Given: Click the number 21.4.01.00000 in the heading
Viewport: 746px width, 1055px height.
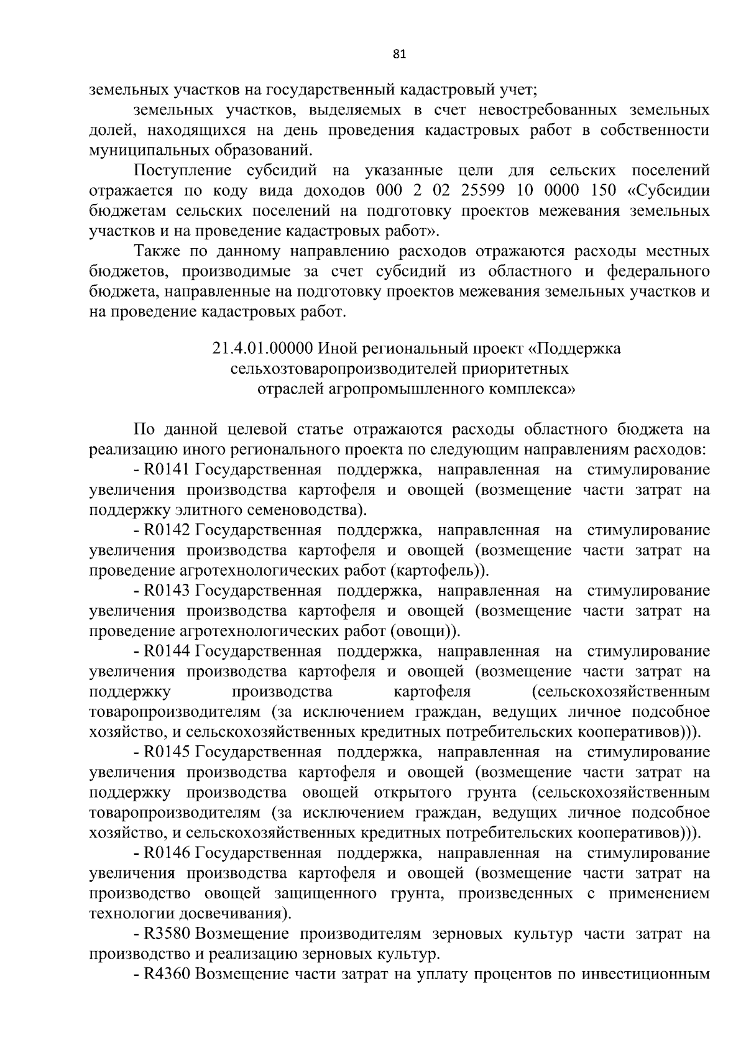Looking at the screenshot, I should (262, 349).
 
